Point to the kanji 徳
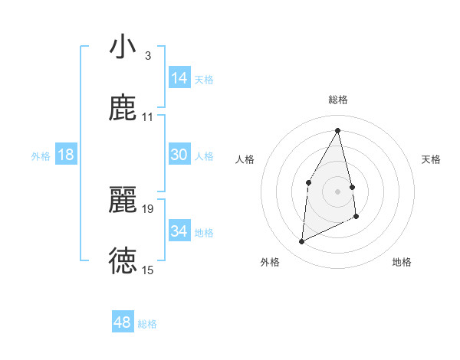tap(123, 260)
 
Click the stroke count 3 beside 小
tap(147, 56)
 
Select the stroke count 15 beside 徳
tap(147, 270)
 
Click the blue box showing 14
tap(179, 77)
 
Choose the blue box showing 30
tap(179, 154)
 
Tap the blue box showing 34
tap(179, 231)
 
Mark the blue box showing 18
tap(66, 154)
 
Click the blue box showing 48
tap(123, 322)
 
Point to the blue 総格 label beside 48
tap(148, 324)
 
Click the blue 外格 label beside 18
tap(41, 155)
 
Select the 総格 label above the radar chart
tap(338, 100)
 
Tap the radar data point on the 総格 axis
tap(337, 130)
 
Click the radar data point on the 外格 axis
tap(301, 242)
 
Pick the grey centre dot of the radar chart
tap(337, 191)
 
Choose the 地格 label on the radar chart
tap(402, 263)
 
